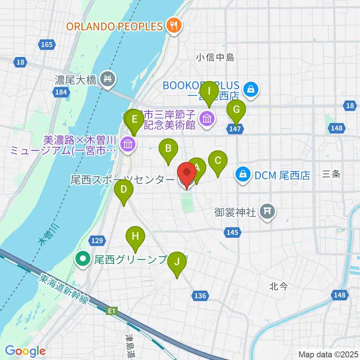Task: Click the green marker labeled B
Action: click(x=168, y=149)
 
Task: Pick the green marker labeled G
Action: click(x=236, y=110)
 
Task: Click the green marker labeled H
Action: click(x=135, y=237)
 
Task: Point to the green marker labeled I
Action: click(x=210, y=91)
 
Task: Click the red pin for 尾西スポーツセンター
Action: click(x=187, y=174)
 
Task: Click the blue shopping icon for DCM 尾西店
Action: click(x=243, y=174)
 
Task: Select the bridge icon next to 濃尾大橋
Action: click(x=108, y=79)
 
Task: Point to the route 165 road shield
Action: click(x=47, y=45)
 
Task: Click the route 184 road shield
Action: click(x=61, y=92)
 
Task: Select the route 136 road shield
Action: click(x=201, y=296)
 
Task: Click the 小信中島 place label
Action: click(x=215, y=57)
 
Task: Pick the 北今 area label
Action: click(x=278, y=286)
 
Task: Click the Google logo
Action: click(x=25, y=351)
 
